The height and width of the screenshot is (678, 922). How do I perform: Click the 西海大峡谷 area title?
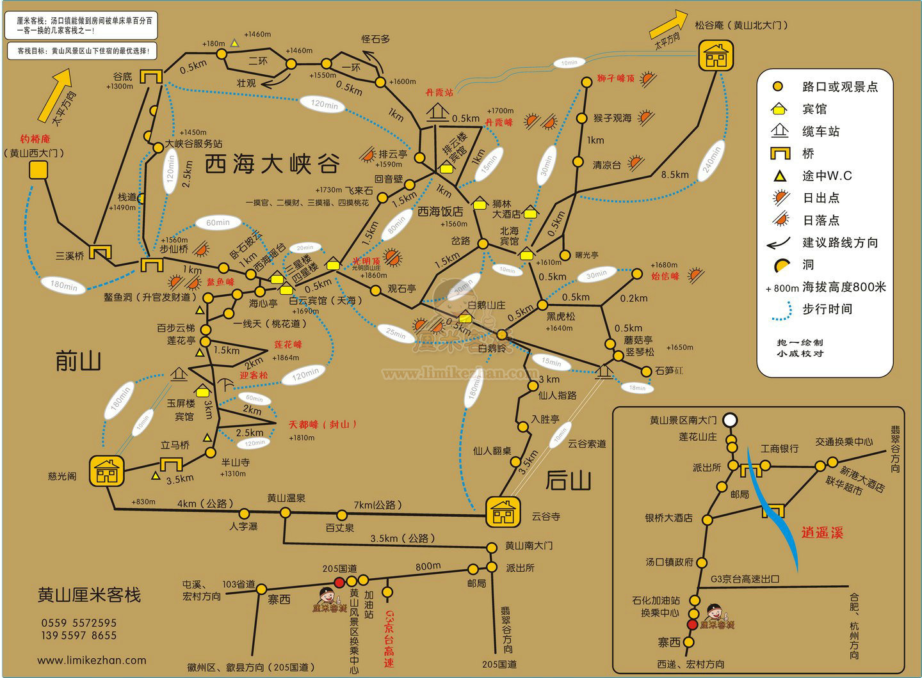[271, 164]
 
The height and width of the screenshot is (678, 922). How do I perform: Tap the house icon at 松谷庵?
[715, 56]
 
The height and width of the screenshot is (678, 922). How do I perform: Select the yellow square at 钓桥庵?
[38, 169]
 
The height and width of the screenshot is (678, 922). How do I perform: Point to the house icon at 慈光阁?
[106, 471]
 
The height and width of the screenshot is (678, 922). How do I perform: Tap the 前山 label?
[78, 362]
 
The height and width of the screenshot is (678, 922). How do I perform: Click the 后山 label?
[568, 480]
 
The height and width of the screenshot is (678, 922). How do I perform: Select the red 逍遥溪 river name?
[822, 532]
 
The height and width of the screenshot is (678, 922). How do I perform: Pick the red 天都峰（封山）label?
[323, 424]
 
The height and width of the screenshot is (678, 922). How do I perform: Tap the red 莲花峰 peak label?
[287, 344]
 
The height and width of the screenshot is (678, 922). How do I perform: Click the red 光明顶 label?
[366, 261]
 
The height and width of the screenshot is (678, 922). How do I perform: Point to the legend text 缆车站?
[821, 132]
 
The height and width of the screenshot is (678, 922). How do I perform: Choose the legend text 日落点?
[821, 220]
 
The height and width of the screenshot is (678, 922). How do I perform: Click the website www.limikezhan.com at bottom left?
[92, 660]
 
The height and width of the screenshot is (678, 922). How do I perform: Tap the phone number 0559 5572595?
[79, 622]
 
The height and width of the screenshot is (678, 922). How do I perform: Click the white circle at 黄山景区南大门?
[730, 420]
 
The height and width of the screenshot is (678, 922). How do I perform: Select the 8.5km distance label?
[675, 175]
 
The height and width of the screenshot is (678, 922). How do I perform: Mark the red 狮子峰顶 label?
[615, 79]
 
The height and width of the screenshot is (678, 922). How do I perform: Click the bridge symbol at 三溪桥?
[101, 253]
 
